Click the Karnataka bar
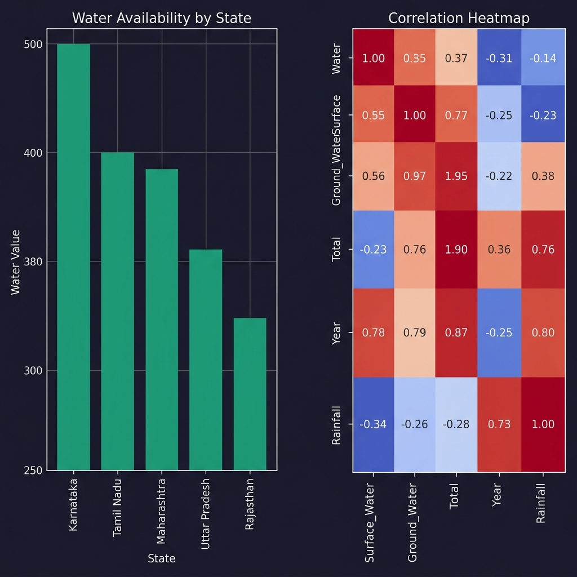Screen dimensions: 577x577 tap(73, 256)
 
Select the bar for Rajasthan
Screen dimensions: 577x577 tap(250, 394)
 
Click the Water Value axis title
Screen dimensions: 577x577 tap(16, 261)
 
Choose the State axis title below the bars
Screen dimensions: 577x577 tap(162, 558)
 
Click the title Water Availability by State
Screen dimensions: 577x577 tap(162, 18)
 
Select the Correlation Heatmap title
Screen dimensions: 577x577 tap(459, 18)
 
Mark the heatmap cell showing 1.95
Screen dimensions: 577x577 tap(456, 176)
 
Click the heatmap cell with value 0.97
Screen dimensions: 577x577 tap(415, 176)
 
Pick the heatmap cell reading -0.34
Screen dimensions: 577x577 tap(373, 424)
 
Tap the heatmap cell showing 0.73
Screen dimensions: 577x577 tap(499, 424)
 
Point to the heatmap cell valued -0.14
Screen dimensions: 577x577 tap(543, 59)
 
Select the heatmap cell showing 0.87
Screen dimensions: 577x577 tap(456, 332)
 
